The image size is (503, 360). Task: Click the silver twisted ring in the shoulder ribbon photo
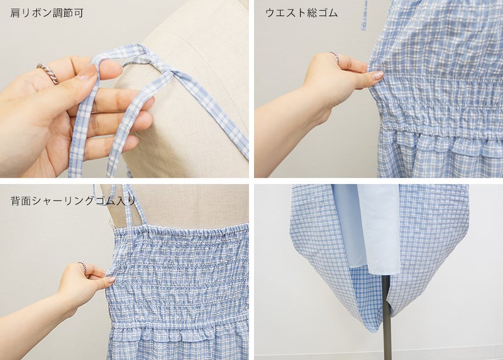click(48, 73)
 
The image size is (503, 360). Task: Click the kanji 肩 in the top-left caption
click(14, 13)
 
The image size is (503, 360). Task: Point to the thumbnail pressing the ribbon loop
click(86, 72)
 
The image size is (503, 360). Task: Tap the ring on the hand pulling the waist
click(334, 57)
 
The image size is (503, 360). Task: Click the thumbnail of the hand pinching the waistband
click(379, 75)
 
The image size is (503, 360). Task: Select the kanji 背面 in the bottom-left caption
click(19, 201)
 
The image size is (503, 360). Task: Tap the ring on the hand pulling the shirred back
click(82, 266)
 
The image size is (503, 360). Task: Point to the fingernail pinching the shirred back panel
click(111, 280)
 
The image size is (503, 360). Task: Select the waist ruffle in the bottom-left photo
click(180, 335)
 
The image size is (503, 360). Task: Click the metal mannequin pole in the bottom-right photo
click(387, 317)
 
